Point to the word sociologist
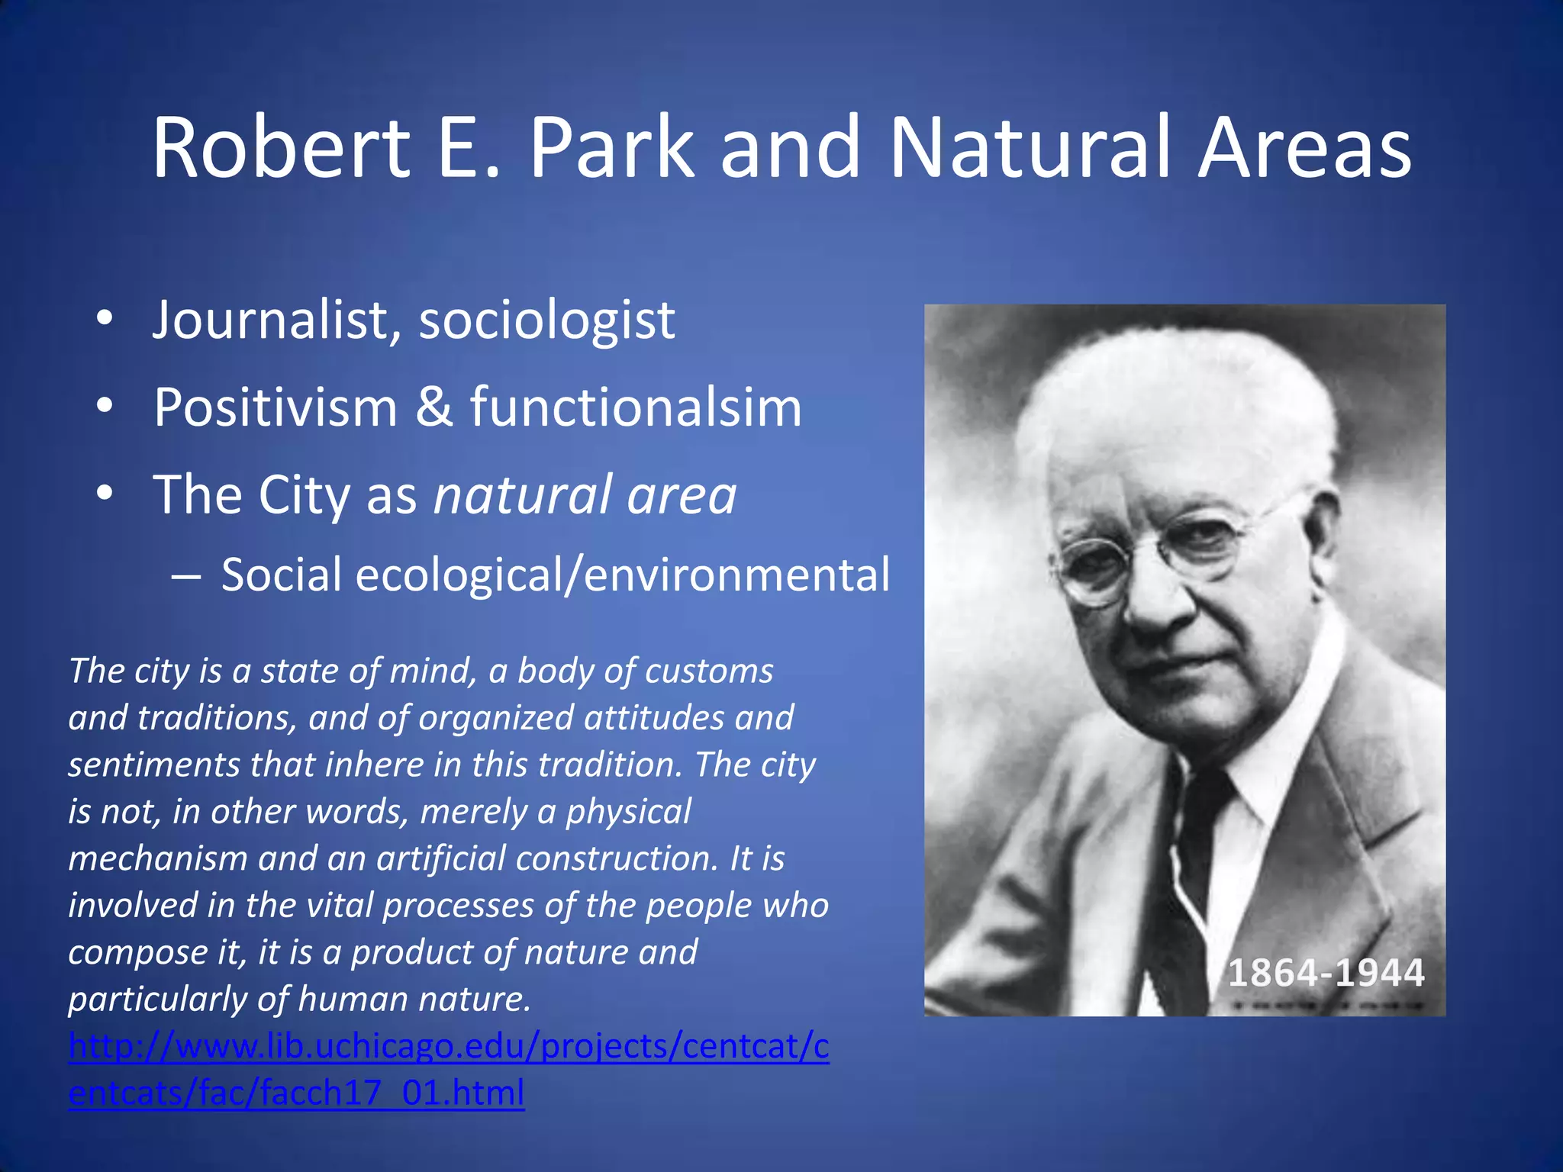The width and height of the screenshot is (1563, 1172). tap(546, 320)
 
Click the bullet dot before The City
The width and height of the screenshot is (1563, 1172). tap(105, 494)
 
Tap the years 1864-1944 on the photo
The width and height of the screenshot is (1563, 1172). tap(1326, 973)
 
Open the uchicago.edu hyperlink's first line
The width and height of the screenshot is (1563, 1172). tap(449, 1046)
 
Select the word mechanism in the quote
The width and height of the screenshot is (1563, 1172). tap(157, 858)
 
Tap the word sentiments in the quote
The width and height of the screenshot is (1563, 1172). tap(153, 765)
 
